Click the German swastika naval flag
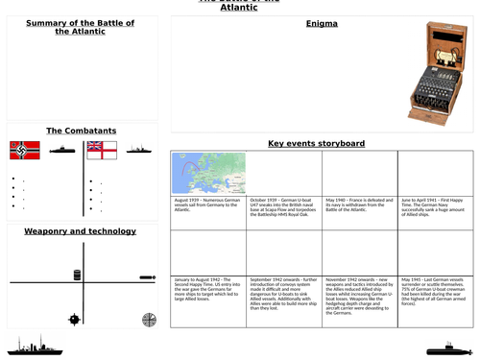pos(25,150)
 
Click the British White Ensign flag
pos(101,150)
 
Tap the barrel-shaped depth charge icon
pos(77,276)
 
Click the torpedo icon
pos(147,278)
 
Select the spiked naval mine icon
pos(75,319)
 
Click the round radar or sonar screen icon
pos(148,320)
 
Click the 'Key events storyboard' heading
pos(316,143)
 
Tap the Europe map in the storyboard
pos(208,174)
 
